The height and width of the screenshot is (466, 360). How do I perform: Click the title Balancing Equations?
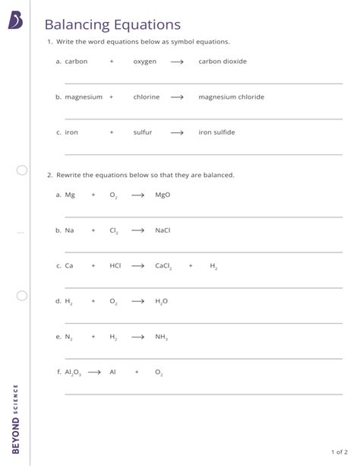[x=112, y=25]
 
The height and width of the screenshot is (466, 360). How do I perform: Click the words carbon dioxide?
[x=223, y=62]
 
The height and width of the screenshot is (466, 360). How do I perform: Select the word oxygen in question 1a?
[x=144, y=62]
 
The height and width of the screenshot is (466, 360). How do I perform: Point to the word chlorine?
[x=146, y=97]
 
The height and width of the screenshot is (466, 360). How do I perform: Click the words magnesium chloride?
[x=231, y=97]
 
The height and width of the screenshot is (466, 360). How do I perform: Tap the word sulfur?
[x=143, y=132]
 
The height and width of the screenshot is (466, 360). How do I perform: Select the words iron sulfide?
[x=216, y=132]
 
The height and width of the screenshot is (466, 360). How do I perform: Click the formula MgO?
[x=163, y=195]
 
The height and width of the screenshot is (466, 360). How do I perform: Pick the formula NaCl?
[x=163, y=230]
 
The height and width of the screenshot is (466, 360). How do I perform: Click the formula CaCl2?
[x=163, y=266]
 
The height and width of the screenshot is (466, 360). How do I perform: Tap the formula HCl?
[x=115, y=266]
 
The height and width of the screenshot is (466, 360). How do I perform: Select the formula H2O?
[x=161, y=301]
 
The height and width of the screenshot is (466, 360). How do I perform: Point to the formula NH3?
[x=161, y=337]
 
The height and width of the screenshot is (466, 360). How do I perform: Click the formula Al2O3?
[x=73, y=372]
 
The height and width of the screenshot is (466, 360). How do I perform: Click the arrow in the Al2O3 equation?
[x=94, y=372]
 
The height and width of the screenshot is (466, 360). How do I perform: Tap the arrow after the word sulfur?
[x=177, y=132]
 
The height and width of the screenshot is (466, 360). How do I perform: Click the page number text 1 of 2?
[x=339, y=451]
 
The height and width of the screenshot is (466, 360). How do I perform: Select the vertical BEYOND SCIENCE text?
[x=16, y=426]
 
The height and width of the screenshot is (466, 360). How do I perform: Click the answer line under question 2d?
[x=204, y=323]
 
